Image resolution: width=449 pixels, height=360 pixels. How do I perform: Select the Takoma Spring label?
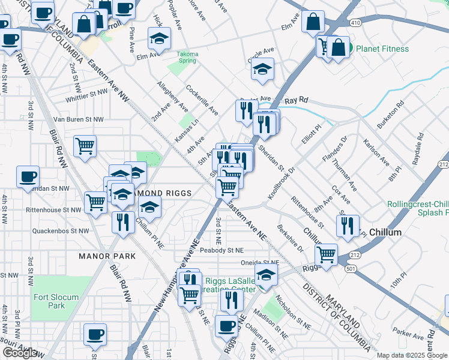coord(187,58)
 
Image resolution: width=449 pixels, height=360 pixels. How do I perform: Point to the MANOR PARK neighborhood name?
coord(107,256)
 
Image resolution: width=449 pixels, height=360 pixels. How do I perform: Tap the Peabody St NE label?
coord(222,250)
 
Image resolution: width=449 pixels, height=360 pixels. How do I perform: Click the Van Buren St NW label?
coord(78,119)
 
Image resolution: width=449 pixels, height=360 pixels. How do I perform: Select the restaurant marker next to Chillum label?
coord(348,226)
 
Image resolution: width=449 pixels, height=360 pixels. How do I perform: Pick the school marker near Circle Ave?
coord(262,69)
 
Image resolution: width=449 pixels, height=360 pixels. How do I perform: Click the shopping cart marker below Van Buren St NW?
coord(85,146)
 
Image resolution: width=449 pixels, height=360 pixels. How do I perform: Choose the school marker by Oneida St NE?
coord(266,276)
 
